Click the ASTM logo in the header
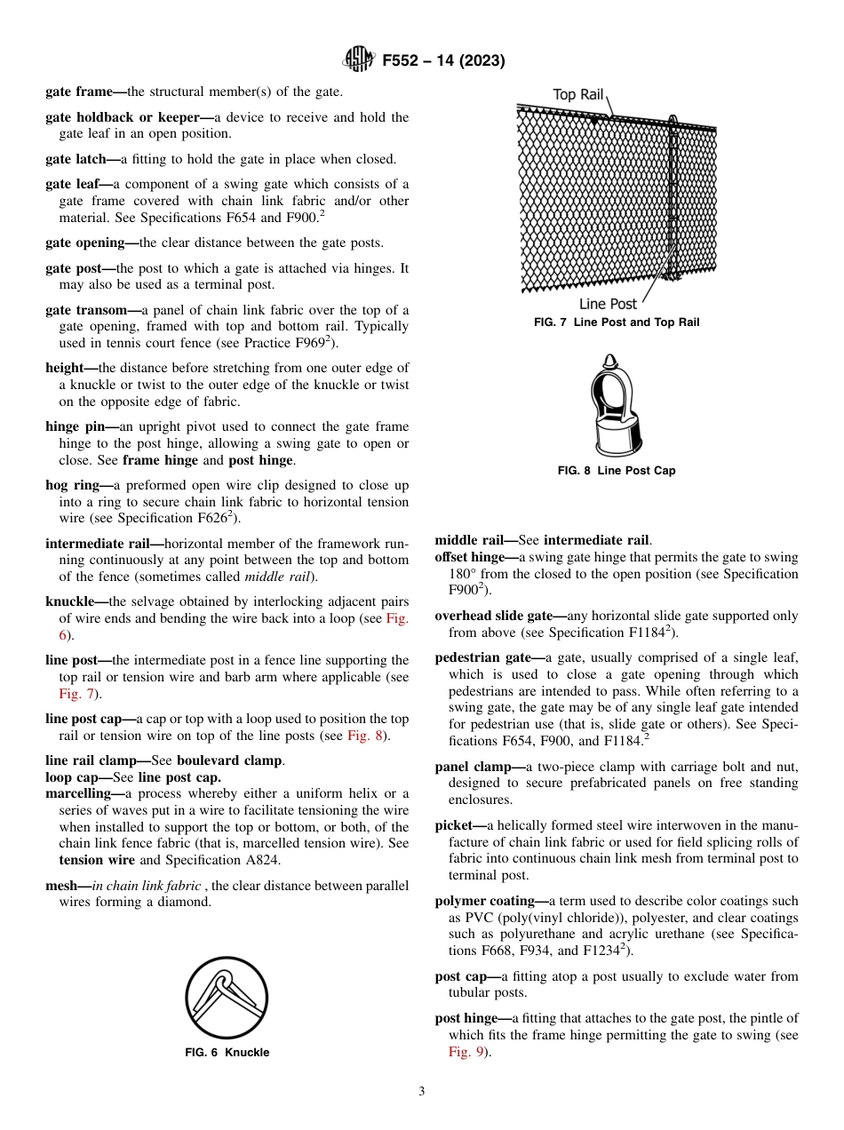tap(359, 60)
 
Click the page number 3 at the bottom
tap(421, 1092)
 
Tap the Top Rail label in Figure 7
tap(577, 94)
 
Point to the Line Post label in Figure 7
tap(608, 304)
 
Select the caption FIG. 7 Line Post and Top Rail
tap(616, 322)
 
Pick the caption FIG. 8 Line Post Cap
tap(616, 471)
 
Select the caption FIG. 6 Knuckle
tap(227, 1053)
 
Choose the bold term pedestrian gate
tap(484, 657)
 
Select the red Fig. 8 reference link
tap(365, 736)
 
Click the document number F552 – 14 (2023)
tap(443, 60)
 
